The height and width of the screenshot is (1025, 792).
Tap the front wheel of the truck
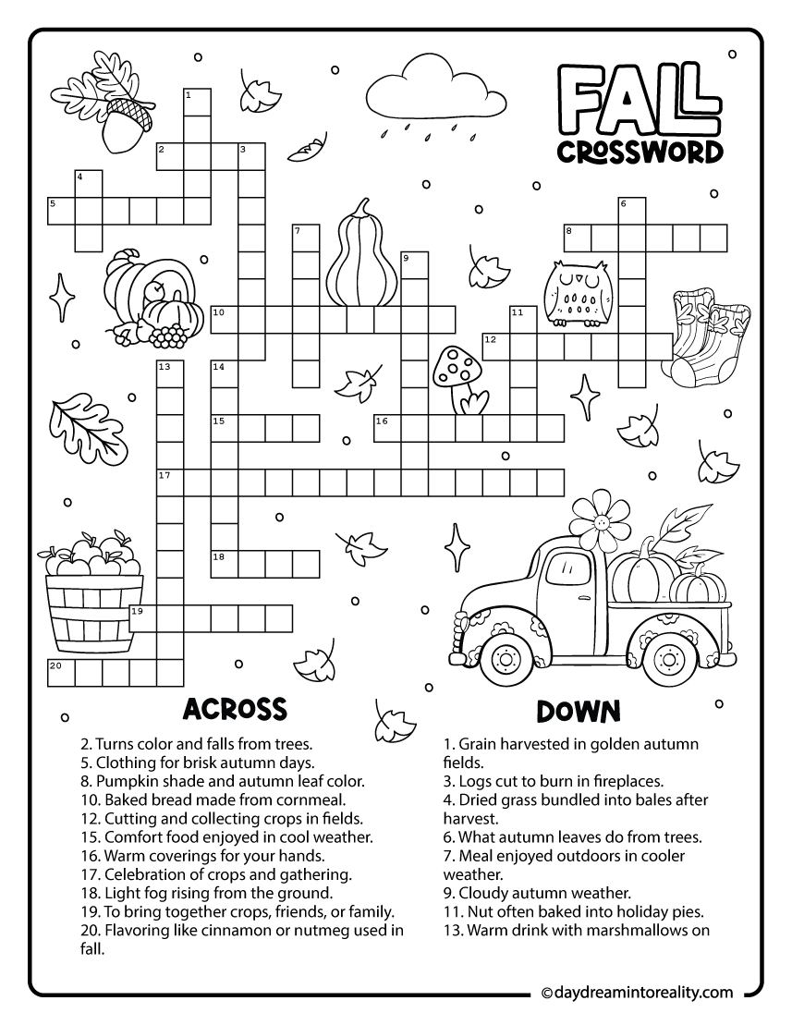pos(506,659)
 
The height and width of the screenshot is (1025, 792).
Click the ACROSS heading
pos(235,709)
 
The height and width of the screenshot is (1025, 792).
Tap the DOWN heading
pos(578,711)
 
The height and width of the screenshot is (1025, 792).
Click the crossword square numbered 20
pos(61,671)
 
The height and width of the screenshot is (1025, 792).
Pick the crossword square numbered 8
pos(578,238)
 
